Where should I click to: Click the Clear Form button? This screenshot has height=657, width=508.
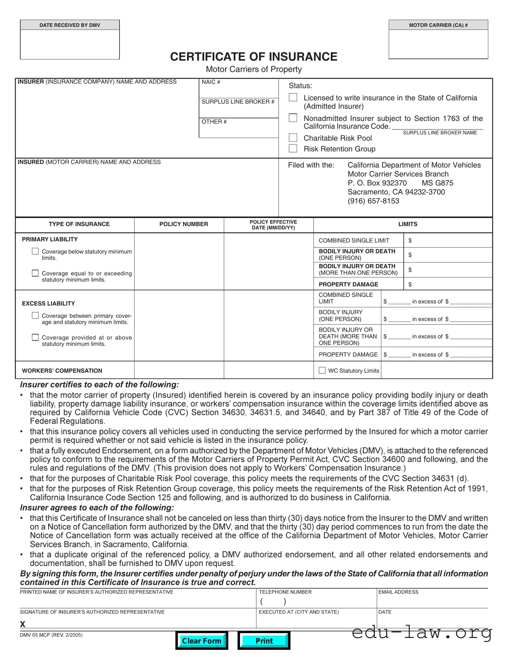(202, 641)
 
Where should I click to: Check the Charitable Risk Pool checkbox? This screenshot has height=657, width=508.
(293, 138)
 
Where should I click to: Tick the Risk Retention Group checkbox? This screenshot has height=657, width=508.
(293, 148)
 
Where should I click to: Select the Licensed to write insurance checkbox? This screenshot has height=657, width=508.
(293, 97)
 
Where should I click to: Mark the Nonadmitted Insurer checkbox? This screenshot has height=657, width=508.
(293, 118)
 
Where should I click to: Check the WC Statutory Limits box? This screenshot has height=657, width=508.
(322, 370)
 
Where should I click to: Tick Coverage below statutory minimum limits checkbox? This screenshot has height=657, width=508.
(35, 251)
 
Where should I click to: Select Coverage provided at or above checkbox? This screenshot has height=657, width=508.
(35, 337)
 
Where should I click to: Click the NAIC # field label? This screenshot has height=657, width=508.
(211, 82)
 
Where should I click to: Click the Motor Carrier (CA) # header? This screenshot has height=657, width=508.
(438, 25)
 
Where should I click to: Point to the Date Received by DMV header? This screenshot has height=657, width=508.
(70, 25)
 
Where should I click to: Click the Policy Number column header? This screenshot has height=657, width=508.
(183, 224)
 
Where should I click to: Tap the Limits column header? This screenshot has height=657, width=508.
(408, 224)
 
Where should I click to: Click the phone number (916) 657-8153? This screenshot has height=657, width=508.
(373, 201)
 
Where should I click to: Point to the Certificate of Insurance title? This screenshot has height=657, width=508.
(254, 57)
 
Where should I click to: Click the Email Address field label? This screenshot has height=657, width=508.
(398, 592)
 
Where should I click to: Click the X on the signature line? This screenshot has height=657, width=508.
(23, 624)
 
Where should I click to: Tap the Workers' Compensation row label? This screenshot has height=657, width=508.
(62, 371)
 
